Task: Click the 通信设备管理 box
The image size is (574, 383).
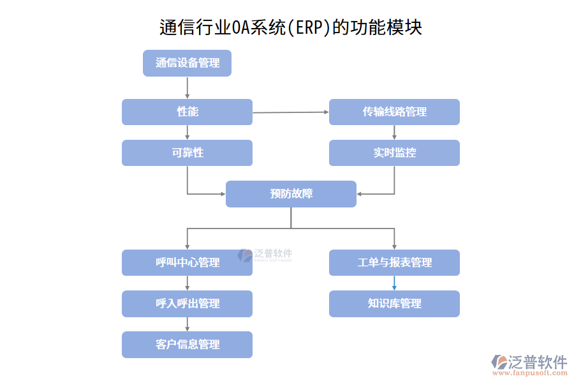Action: pos(187,63)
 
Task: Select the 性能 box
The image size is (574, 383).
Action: pos(187,112)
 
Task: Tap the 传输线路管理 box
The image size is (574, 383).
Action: pos(394,112)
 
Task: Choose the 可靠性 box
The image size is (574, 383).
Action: pos(187,153)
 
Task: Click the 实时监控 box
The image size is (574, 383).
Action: pos(394,153)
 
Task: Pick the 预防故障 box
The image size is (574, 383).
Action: pos(291,193)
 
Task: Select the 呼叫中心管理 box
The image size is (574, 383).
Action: pos(187,262)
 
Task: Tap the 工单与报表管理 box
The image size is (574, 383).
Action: pos(394,262)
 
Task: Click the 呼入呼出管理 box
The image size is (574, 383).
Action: pos(187,303)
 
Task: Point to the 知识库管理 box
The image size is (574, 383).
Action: pos(394,303)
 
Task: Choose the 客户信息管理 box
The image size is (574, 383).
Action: pos(187,344)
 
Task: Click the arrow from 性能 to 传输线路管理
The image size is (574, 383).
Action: pos(291,112)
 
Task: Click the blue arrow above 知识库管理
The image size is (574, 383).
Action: pos(394,283)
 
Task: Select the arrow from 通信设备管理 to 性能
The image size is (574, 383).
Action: pos(187,87)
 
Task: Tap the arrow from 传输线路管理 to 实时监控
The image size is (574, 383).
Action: pos(394,132)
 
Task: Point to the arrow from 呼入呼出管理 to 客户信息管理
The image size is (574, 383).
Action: pos(187,324)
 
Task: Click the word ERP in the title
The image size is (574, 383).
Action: pos(309,28)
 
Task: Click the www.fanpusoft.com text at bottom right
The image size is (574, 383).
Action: pos(531,373)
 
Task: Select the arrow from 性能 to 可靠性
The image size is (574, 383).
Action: pos(187,132)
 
